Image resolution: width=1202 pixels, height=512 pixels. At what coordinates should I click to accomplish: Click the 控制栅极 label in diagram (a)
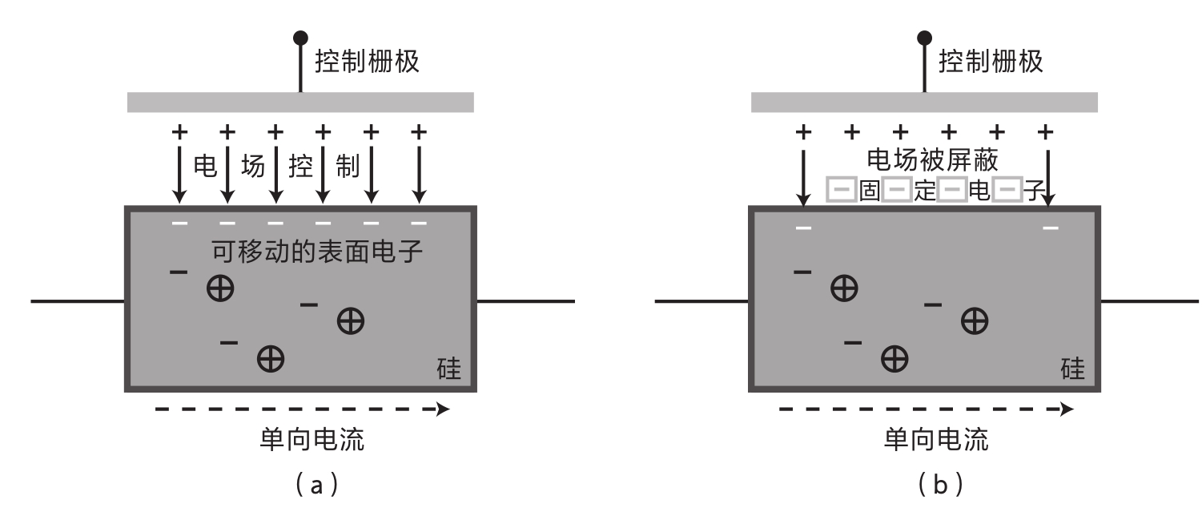pyautogui.click(x=367, y=61)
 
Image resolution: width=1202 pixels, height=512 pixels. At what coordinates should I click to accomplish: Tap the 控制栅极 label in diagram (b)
pyautogui.click(x=991, y=61)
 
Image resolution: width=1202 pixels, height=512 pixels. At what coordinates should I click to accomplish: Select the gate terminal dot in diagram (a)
pyautogui.click(x=300, y=38)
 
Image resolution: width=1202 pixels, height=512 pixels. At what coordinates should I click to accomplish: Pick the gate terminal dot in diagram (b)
pyautogui.click(x=924, y=38)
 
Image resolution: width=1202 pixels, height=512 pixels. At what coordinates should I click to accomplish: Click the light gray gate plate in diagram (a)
pyautogui.click(x=300, y=102)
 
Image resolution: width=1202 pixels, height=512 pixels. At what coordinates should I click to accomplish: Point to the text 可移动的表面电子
pyautogui.click(x=317, y=251)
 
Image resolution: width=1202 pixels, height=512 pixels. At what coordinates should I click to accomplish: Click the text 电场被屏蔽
pyautogui.click(x=933, y=159)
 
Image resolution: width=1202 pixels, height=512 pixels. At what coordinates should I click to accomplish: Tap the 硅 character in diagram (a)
pyautogui.click(x=448, y=368)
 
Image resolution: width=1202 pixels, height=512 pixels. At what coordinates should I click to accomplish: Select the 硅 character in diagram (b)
pyautogui.click(x=1073, y=368)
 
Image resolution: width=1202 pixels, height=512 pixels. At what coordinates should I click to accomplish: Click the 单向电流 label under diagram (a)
pyautogui.click(x=312, y=439)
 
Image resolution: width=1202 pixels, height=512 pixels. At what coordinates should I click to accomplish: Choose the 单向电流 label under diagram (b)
pyautogui.click(x=936, y=439)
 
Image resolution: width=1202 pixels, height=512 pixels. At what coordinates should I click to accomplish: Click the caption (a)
pyautogui.click(x=316, y=485)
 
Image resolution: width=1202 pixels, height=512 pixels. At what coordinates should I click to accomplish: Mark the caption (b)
pyautogui.click(x=940, y=485)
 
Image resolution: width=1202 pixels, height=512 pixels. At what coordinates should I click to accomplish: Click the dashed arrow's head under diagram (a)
pyautogui.click(x=443, y=409)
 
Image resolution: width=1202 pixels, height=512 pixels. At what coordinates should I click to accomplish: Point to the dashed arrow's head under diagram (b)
pyautogui.click(x=1067, y=409)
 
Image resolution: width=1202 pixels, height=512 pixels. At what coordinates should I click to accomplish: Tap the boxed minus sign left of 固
pyautogui.click(x=842, y=189)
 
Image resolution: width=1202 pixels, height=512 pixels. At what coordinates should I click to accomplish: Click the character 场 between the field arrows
pyautogui.click(x=253, y=166)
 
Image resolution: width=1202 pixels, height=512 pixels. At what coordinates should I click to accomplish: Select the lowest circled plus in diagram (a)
pyautogui.click(x=271, y=359)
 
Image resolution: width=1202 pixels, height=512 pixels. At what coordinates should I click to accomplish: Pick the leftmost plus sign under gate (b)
pyautogui.click(x=803, y=131)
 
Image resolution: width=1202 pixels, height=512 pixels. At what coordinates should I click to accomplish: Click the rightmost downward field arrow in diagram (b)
pyautogui.click(x=1048, y=178)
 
